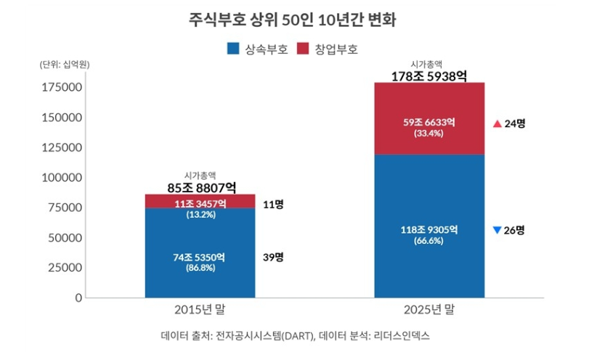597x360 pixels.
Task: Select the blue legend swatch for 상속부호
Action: tap(233, 49)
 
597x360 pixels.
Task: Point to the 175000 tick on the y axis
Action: tap(61, 87)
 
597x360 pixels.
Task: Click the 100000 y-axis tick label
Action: tap(61, 177)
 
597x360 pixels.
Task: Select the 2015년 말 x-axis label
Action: tap(200, 309)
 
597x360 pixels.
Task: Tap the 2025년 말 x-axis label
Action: tap(429, 309)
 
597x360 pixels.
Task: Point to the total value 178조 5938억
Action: tap(429, 75)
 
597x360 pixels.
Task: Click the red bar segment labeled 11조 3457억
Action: tap(200, 201)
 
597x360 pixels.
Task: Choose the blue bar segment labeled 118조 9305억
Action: tap(429, 225)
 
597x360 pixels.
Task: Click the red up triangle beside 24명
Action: tap(496, 123)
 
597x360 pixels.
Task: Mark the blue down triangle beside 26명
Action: tap(496, 230)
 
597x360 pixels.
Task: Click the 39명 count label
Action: tap(274, 257)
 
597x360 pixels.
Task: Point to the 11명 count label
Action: tap(274, 204)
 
